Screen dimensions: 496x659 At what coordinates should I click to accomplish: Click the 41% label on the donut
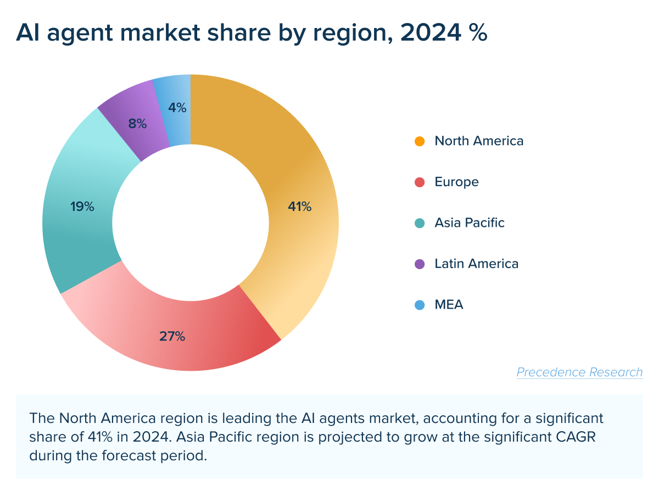pyautogui.click(x=300, y=207)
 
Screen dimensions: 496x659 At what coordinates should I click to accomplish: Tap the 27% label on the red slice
pyautogui.click(x=172, y=337)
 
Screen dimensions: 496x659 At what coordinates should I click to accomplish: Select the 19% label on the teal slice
pyautogui.click(x=82, y=207)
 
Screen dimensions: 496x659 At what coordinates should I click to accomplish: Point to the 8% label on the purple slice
pyautogui.click(x=137, y=124)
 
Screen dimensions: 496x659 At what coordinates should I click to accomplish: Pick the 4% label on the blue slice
pyautogui.click(x=177, y=108)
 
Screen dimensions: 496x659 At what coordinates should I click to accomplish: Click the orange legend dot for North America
pyautogui.click(x=420, y=141)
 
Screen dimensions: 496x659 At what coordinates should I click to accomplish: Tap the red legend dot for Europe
pyautogui.click(x=420, y=182)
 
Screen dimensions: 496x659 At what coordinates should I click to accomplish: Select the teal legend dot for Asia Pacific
pyautogui.click(x=420, y=223)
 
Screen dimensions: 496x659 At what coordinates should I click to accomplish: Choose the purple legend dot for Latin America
pyautogui.click(x=420, y=264)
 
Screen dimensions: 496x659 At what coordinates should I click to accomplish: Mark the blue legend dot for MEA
pyautogui.click(x=420, y=305)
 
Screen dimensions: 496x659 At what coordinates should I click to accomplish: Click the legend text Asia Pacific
pyautogui.click(x=470, y=223)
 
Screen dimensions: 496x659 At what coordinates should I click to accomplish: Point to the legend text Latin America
pyautogui.click(x=476, y=264)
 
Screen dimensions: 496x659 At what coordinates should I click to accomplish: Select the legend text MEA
pyautogui.click(x=449, y=305)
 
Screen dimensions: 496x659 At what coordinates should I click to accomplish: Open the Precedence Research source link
pyautogui.click(x=579, y=372)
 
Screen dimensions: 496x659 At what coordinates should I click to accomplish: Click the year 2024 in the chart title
pyautogui.click(x=429, y=33)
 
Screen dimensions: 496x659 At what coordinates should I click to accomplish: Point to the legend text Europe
pyautogui.click(x=456, y=182)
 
